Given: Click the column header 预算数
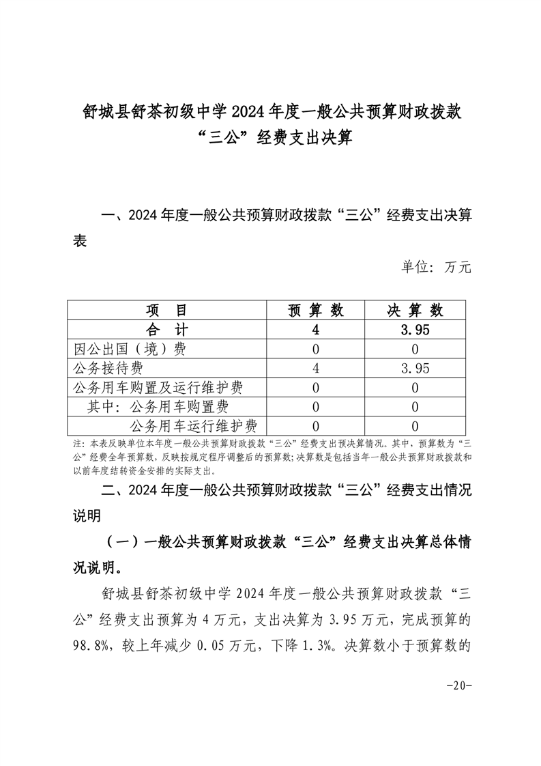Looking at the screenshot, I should point(316,310).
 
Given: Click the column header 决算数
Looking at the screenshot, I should point(415,310).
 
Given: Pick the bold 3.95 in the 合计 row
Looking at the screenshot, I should point(415,330).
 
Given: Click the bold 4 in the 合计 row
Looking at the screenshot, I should point(316,330).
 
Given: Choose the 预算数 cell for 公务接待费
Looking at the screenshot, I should point(316,369).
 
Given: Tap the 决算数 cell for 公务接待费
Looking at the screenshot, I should point(415,369).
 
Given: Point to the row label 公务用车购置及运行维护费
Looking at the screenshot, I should point(158,388).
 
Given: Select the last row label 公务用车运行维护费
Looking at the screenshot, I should point(193,427).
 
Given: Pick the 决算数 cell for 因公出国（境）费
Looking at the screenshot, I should point(415,349).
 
